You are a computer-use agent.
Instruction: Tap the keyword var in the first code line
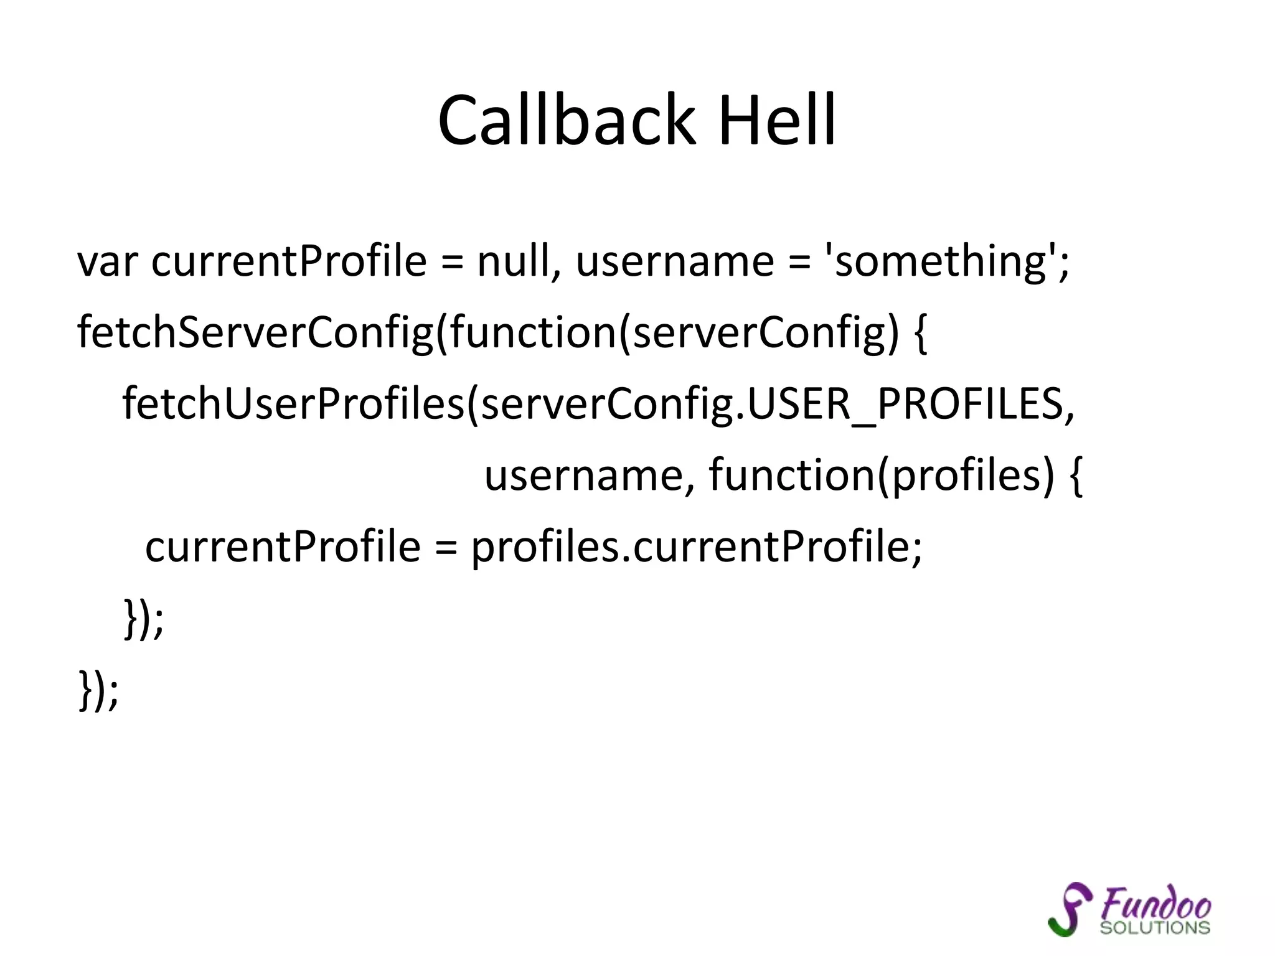pos(106,261)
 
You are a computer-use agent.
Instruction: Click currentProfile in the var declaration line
pos(289,261)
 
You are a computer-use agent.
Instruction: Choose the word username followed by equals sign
pos(675,261)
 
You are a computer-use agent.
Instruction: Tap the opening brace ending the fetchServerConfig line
pos(921,333)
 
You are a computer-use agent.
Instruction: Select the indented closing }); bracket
pos(143,618)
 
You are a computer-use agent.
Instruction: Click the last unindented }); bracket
pos(98,689)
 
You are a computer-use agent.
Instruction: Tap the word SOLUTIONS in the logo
pos(1155,927)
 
